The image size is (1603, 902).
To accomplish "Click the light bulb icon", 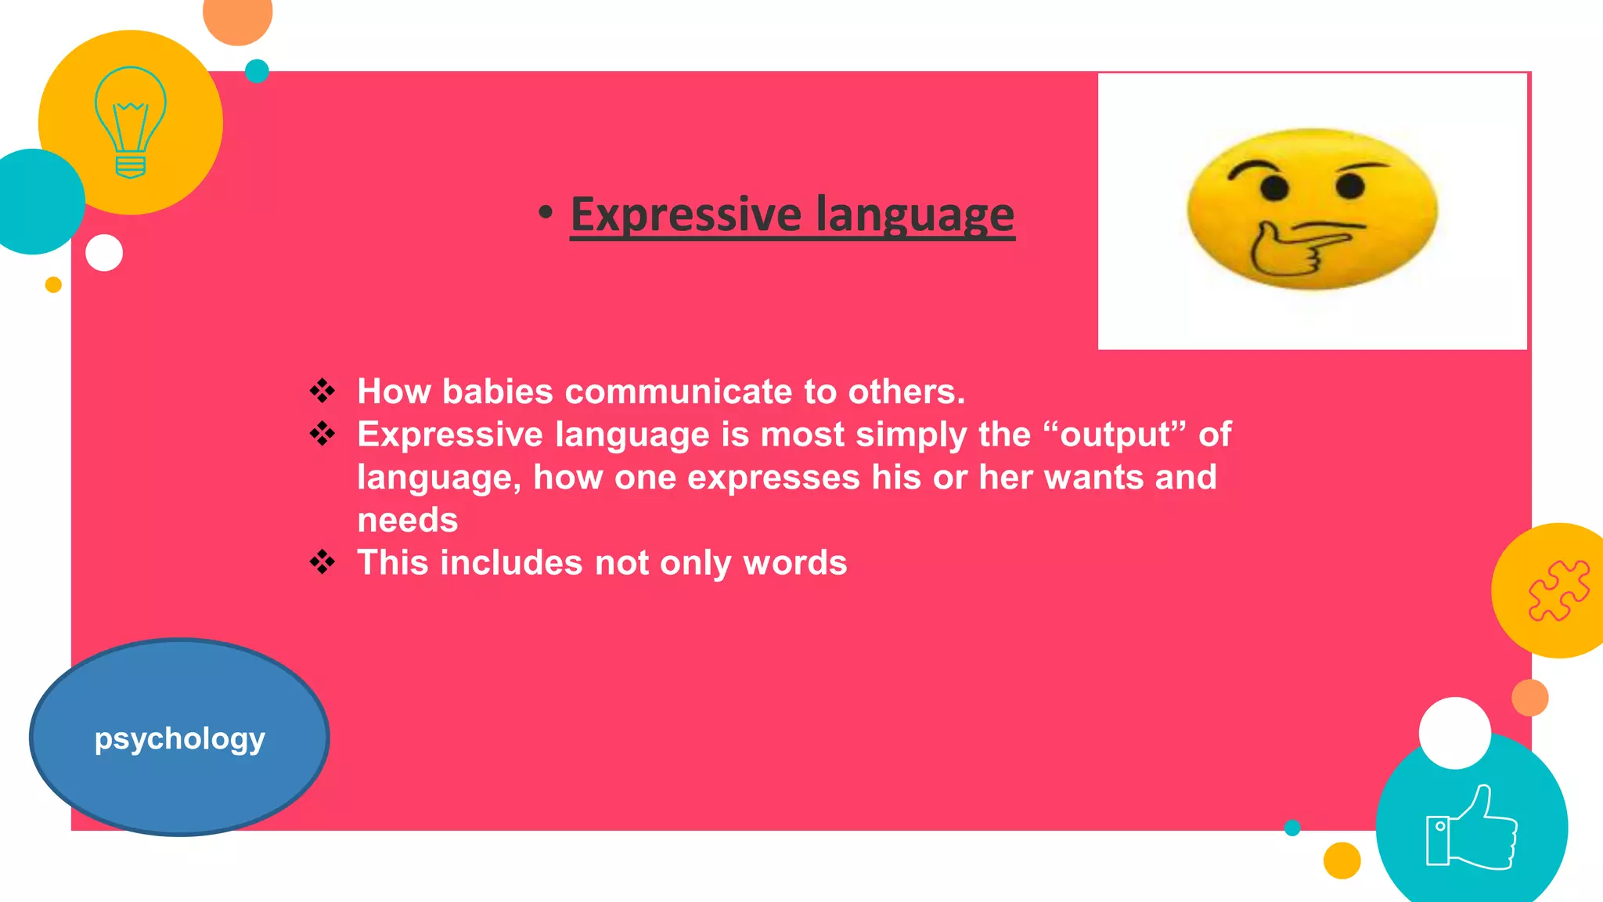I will click(x=130, y=121).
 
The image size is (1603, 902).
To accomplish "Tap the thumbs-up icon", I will click(x=1472, y=828).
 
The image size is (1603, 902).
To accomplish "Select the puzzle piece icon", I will click(x=1558, y=590).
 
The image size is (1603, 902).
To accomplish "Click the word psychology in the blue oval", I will click(x=179, y=738).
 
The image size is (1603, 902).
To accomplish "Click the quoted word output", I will click(x=1115, y=435).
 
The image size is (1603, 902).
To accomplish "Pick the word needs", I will click(x=407, y=520).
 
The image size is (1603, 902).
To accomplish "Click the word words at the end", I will click(x=794, y=563).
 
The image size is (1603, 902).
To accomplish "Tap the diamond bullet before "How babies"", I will click(x=322, y=390).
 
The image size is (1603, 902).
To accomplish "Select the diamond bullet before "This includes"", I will click(x=322, y=561).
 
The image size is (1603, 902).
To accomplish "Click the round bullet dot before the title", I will click(x=546, y=212).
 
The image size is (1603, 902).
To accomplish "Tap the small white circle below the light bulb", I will click(x=104, y=253).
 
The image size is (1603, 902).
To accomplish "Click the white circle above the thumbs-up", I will click(x=1454, y=733).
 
